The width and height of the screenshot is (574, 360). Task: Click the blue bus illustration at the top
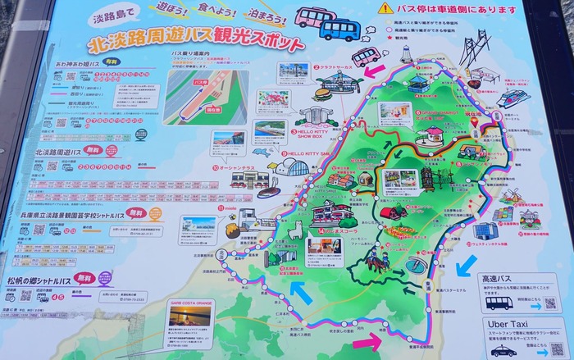point(339,28)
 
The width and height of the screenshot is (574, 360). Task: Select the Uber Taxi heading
point(508,325)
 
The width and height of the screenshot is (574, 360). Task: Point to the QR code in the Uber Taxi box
point(558,349)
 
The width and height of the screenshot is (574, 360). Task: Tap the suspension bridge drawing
point(473,47)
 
